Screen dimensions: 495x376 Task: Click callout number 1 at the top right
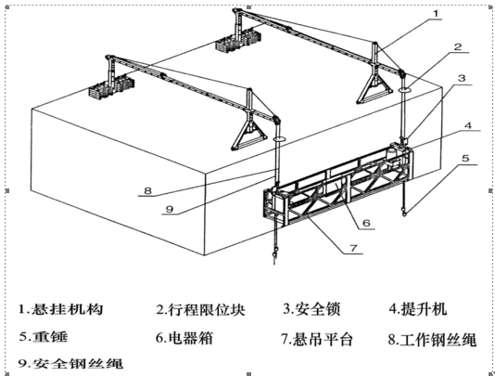pos(436,14)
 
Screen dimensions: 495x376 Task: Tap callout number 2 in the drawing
pos(457,47)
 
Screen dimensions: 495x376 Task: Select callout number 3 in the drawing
pos(462,78)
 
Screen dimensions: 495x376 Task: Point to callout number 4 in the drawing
pos(468,125)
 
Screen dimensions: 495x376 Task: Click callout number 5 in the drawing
pos(465,158)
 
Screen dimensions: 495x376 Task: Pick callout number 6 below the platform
pos(366,223)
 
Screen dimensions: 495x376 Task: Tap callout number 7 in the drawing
pos(353,248)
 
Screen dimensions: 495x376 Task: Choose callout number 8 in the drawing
pos(147,190)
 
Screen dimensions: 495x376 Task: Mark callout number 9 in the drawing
pos(170,209)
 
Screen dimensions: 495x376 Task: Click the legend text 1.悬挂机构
pos(60,308)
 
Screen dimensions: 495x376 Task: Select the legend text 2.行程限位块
pos(200,309)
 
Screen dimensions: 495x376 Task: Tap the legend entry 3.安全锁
pos(311,308)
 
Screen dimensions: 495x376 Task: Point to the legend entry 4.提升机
pos(418,308)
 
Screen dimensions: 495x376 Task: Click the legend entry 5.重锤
pos(44,337)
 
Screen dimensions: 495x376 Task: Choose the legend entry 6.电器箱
pos(184,338)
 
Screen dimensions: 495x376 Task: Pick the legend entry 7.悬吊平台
pos(317,339)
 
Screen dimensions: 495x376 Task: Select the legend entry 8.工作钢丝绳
pos(432,340)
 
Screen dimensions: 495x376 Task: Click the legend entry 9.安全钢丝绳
pos(70,363)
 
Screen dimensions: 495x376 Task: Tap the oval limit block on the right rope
pos(404,90)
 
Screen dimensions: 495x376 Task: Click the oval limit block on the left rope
pos(279,138)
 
